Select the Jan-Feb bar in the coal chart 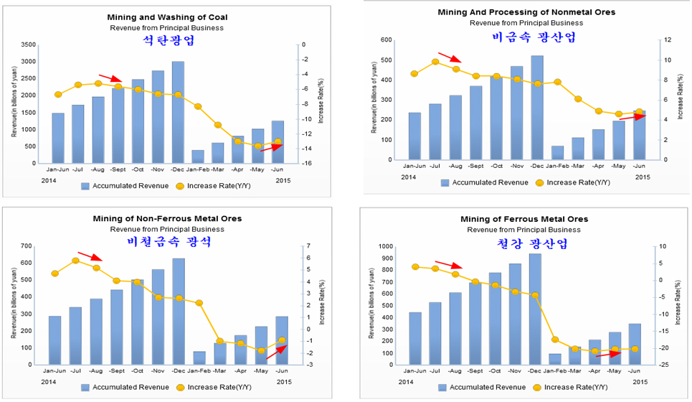coord(198,156)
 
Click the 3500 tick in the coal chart coord(28,45)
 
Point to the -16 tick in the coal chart coord(305,164)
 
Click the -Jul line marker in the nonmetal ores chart coord(435,62)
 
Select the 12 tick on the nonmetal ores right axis coord(666,40)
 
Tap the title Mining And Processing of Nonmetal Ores coord(526,12)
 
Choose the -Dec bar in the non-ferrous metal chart coord(178,312)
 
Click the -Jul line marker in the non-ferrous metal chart coord(75,261)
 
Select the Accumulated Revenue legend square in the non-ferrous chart coord(85,387)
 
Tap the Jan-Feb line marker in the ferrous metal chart coord(555,340)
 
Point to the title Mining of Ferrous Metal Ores coord(524,218)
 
